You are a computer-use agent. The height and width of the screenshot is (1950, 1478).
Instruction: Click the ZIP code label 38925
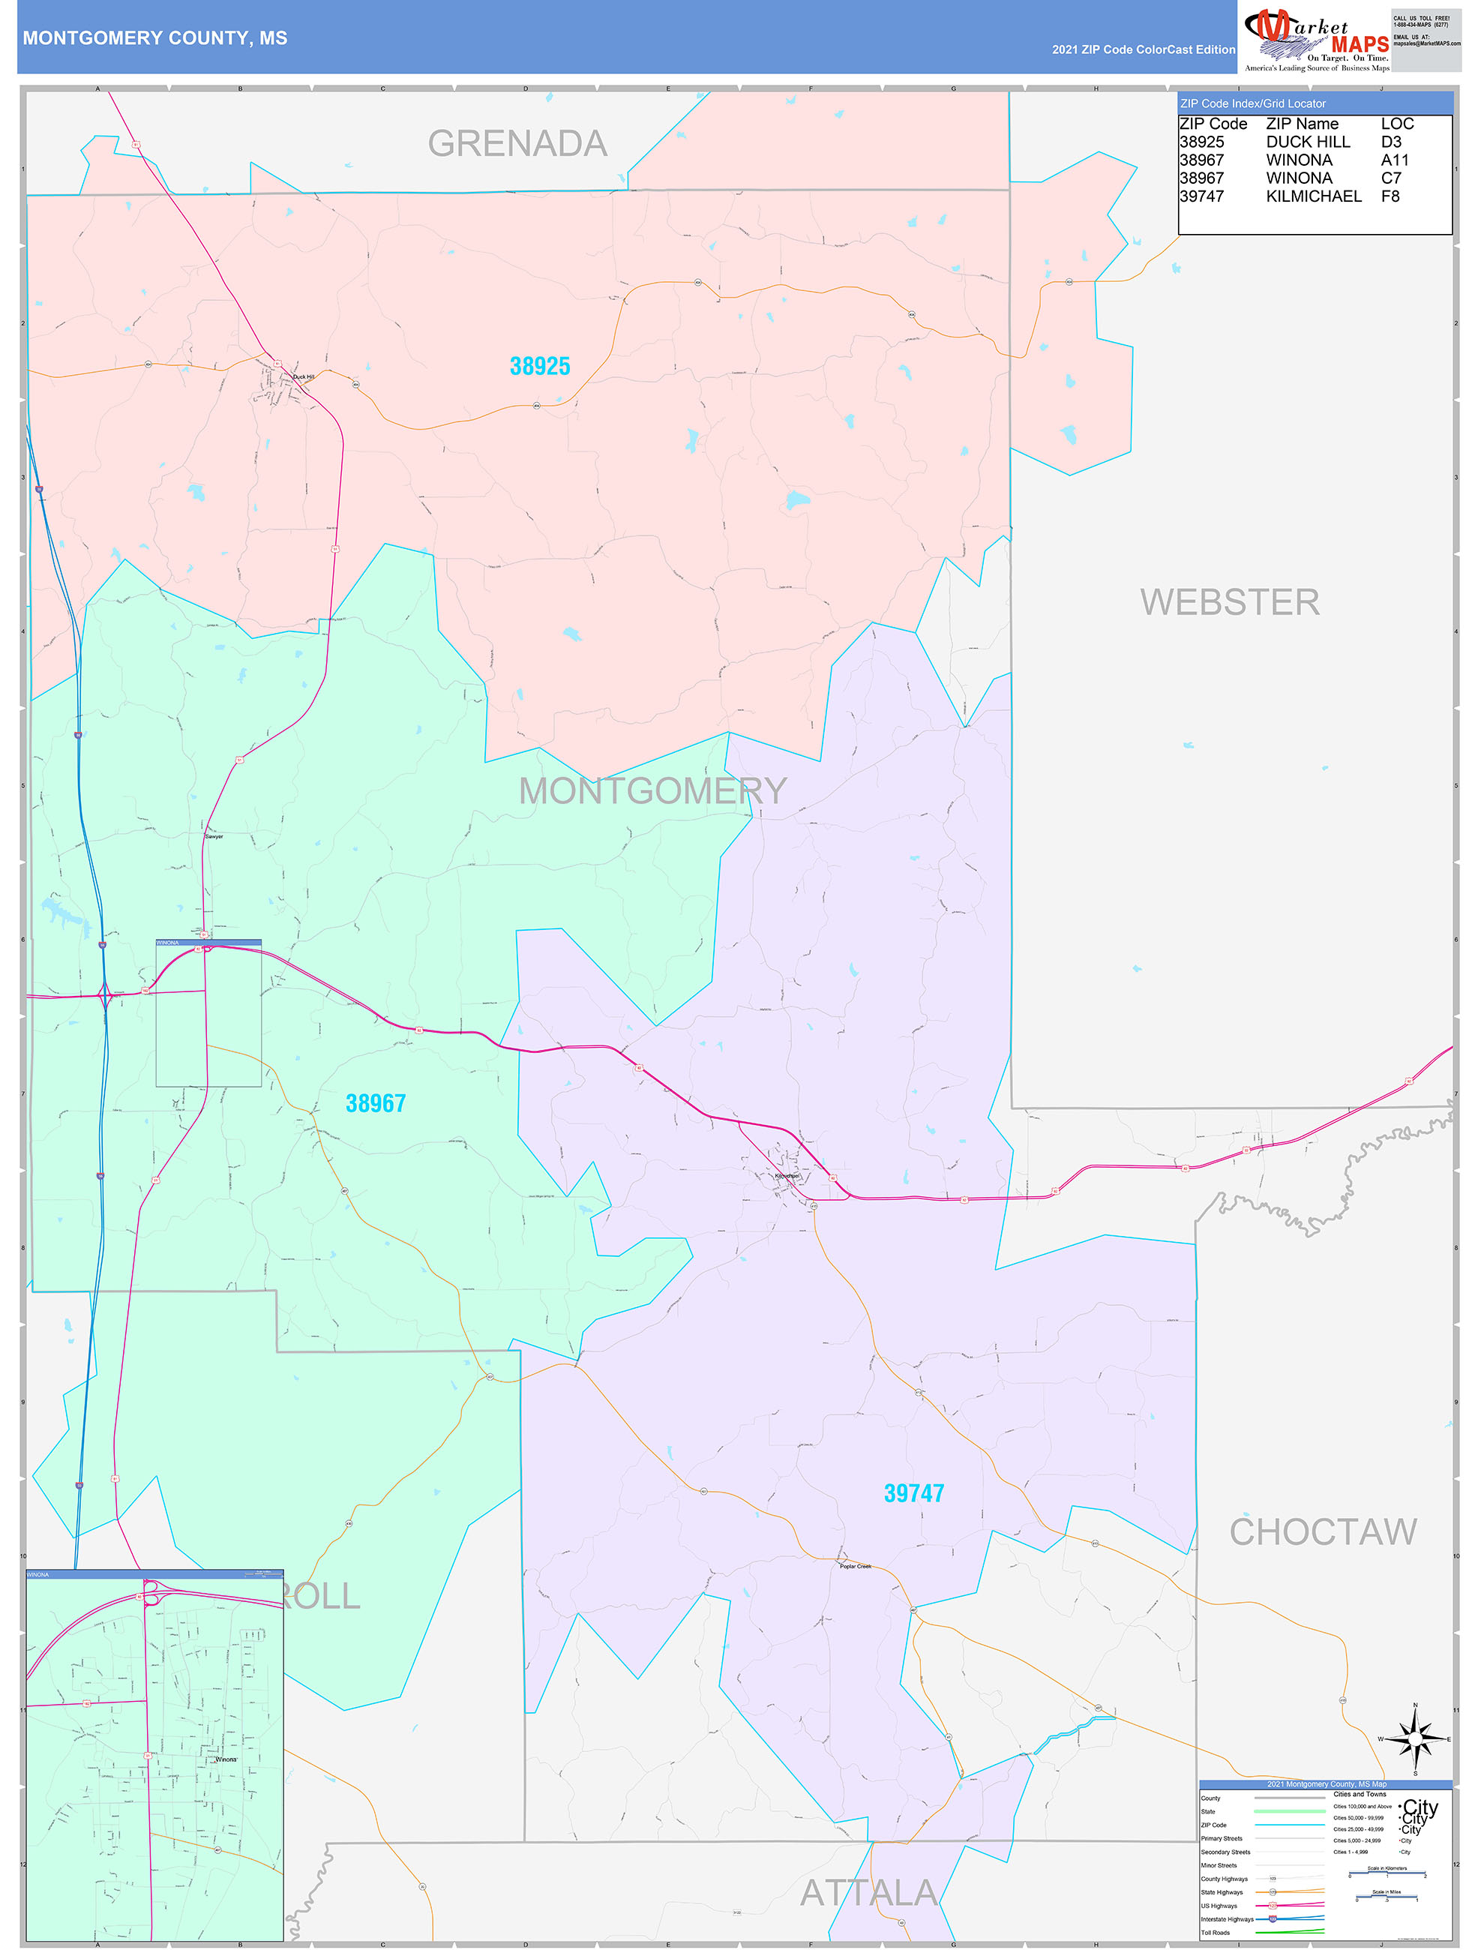[539, 366]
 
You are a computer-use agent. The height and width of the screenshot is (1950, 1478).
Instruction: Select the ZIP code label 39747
[914, 1493]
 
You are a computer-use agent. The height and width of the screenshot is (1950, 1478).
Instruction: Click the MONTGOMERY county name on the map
[652, 790]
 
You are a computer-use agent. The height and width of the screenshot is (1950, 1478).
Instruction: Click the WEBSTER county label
[1230, 602]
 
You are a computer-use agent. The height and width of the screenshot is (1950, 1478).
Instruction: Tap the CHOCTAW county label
[1323, 1532]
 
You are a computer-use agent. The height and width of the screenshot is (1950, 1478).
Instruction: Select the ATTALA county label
[868, 1894]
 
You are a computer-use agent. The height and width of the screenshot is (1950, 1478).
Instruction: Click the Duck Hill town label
[303, 376]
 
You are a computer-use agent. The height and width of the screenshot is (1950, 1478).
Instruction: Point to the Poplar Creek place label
[855, 1567]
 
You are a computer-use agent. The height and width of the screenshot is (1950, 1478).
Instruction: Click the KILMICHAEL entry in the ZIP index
[1313, 196]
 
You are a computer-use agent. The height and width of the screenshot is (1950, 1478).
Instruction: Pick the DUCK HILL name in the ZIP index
[1308, 142]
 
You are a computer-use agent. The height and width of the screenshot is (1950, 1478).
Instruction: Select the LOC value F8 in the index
[1390, 196]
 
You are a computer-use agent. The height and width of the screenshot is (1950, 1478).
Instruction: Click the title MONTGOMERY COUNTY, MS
[155, 38]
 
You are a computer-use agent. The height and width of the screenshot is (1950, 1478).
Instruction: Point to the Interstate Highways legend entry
[1227, 1919]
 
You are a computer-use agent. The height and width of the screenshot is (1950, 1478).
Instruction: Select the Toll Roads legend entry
[1216, 1932]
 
